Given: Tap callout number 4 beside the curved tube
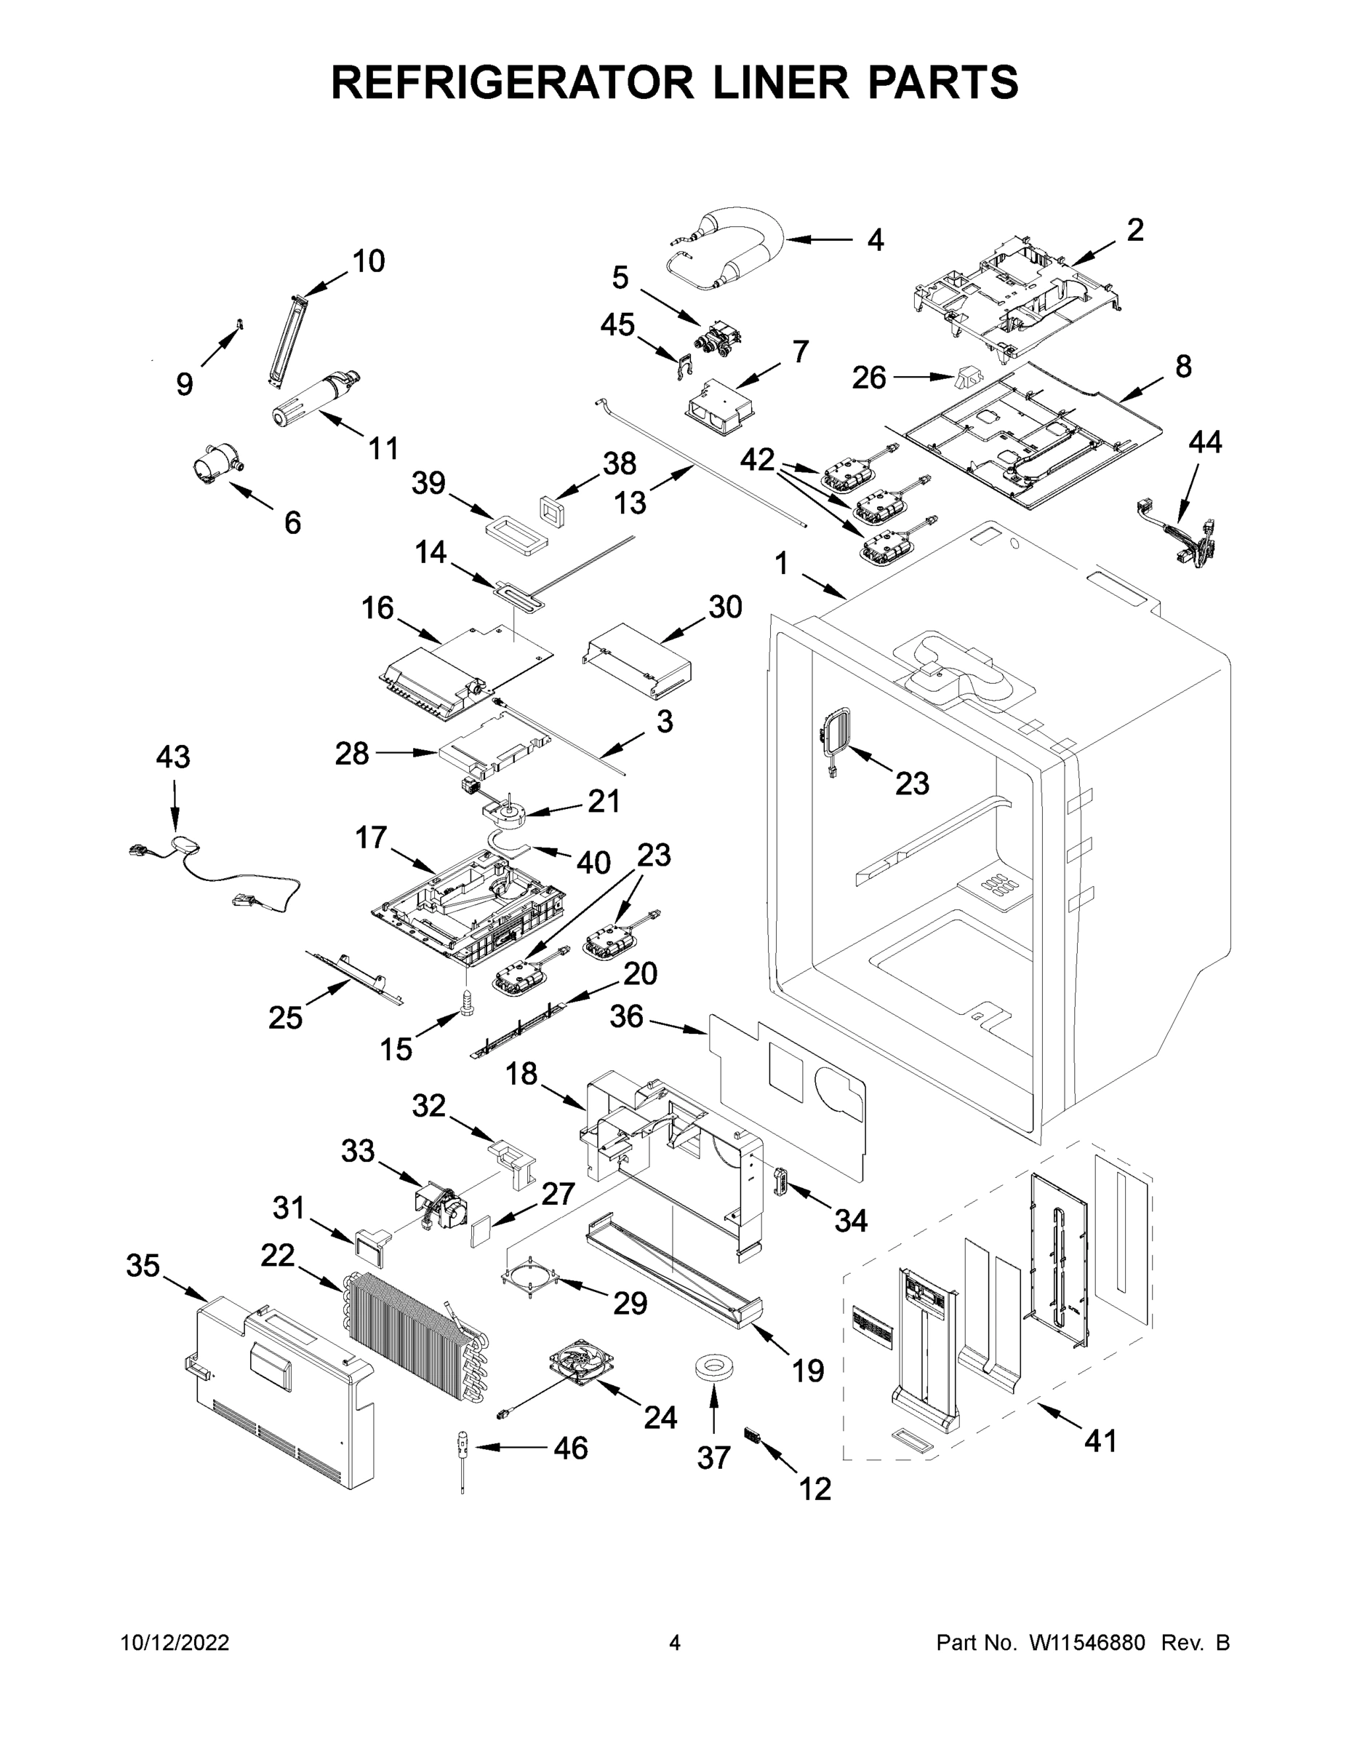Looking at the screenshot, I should click(x=875, y=240).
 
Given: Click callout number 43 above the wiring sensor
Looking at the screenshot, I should click(x=172, y=757).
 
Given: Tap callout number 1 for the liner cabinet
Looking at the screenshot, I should click(x=781, y=565).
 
